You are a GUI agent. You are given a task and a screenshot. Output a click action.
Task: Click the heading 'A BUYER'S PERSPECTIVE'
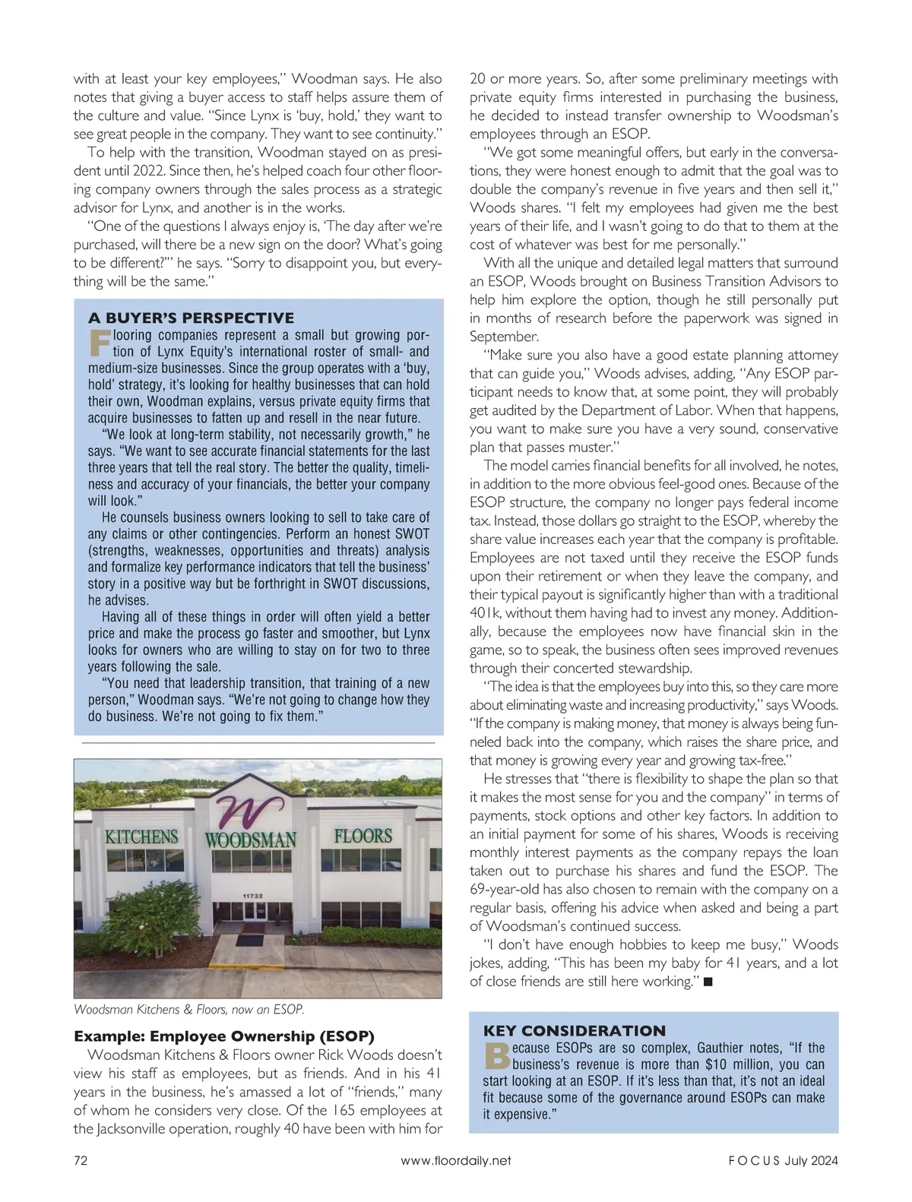pos(191,318)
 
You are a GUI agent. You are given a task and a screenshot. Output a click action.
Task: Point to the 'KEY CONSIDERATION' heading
pos(574,1030)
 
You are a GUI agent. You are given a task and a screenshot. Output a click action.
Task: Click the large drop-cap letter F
pos(99,343)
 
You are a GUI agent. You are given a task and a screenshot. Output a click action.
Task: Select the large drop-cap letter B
pos(495,1055)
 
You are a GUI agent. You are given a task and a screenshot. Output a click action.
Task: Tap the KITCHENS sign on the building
pos(141,837)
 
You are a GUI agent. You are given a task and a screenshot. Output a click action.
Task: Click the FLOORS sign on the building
pos(363,837)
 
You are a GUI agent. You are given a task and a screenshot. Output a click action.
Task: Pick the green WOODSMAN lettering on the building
pos(251,840)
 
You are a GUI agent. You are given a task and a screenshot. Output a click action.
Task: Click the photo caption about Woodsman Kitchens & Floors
pos(189,1010)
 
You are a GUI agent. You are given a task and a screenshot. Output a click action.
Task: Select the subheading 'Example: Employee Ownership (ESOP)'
pos(224,1036)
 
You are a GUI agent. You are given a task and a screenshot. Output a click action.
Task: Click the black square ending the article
pos(708,982)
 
